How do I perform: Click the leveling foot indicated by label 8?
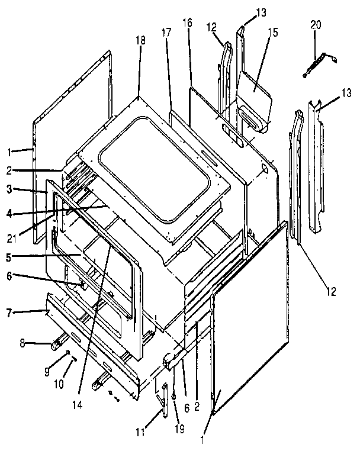(59, 341)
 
